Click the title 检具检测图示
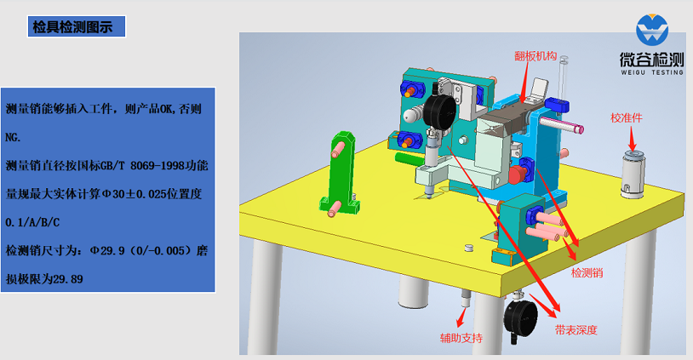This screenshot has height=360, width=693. pos(72,27)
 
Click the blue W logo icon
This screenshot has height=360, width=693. pos(652,30)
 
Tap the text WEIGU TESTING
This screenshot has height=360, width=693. pos(652,72)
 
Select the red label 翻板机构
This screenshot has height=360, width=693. pos(535,56)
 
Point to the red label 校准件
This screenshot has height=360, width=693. pos(627,118)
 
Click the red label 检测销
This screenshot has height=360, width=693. pos(587,273)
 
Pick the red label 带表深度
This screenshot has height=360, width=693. pos(576,330)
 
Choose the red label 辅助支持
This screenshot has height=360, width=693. pos(461,339)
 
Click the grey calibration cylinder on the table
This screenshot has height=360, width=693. pos(633,174)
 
